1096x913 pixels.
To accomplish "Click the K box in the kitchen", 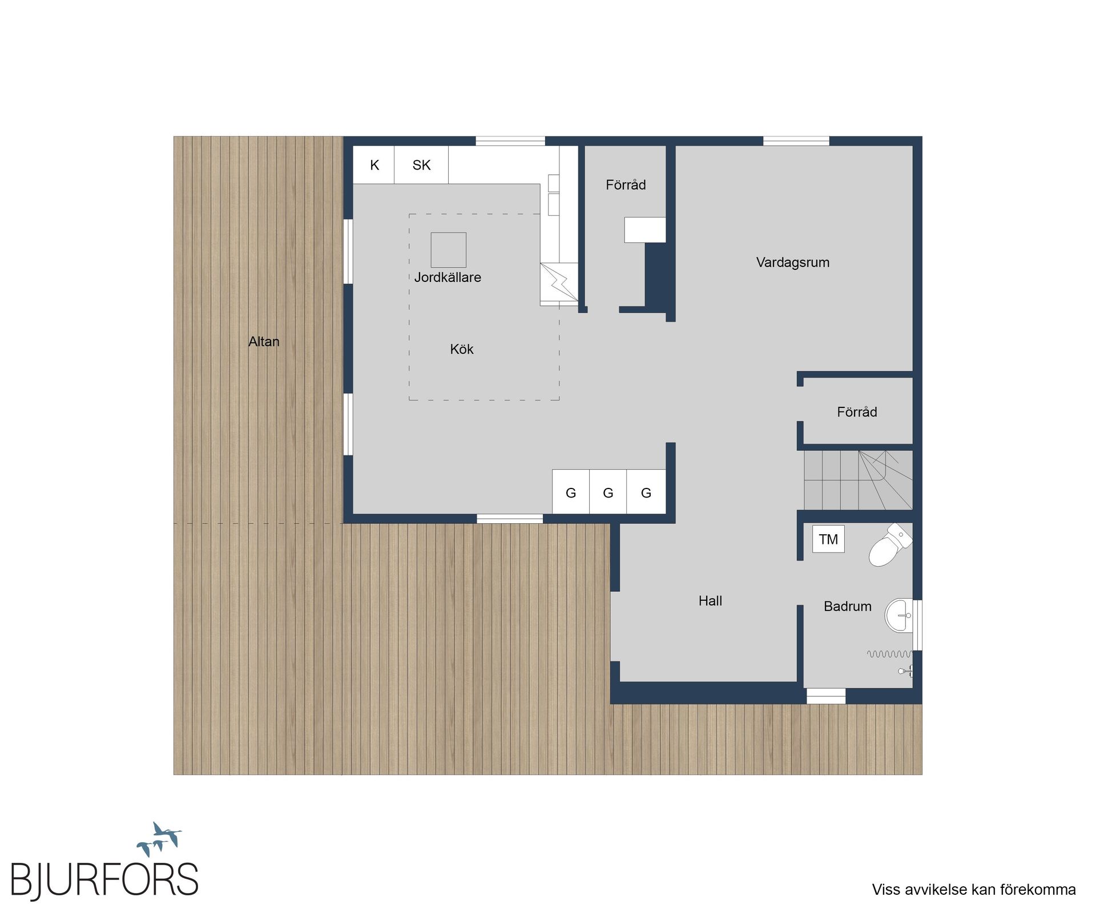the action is pyautogui.click(x=374, y=165).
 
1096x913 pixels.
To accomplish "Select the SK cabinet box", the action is pyautogui.click(x=421, y=165).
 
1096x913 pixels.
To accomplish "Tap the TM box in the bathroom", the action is pyautogui.click(x=828, y=539).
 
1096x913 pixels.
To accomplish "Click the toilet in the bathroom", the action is pyautogui.click(x=889, y=545).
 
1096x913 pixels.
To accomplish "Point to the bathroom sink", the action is pyautogui.click(x=900, y=616).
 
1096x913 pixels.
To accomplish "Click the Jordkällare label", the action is pyautogui.click(x=448, y=277).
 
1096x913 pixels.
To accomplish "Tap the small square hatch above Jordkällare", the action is pyautogui.click(x=448, y=250).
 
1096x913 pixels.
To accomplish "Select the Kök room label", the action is pyautogui.click(x=462, y=349).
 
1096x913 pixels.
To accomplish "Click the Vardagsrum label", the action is pyautogui.click(x=793, y=262).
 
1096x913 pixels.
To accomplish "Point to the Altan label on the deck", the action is pyautogui.click(x=264, y=341).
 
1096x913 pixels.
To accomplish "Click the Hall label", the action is pyautogui.click(x=710, y=601).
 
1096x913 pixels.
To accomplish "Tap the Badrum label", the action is pyautogui.click(x=848, y=607).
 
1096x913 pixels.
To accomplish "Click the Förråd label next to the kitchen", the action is pyautogui.click(x=626, y=185).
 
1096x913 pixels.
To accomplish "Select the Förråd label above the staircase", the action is pyautogui.click(x=857, y=412).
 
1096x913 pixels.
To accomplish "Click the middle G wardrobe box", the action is pyautogui.click(x=608, y=492).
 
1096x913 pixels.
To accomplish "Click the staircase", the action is pyautogui.click(x=858, y=480).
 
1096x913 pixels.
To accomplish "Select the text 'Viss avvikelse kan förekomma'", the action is pyautogui.click(x=974, y=890).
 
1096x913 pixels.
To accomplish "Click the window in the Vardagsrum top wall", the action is pyautogui.click(x=796, y=141).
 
